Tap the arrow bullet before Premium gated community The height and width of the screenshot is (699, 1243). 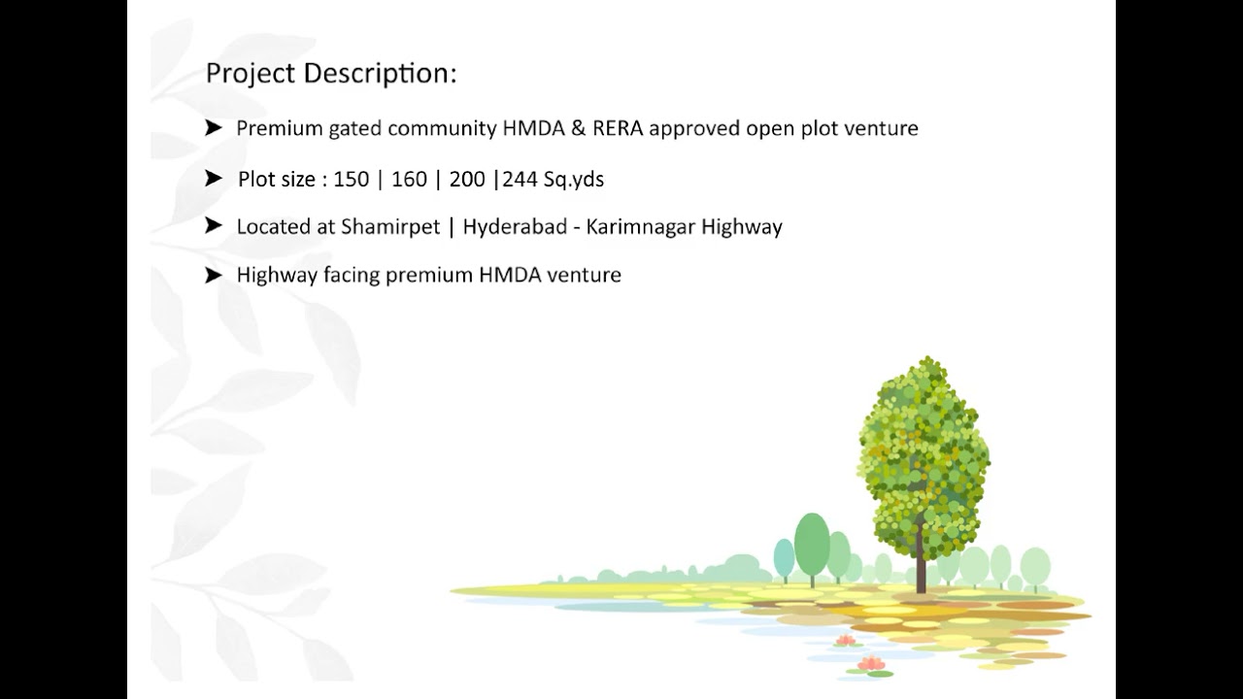coord(214,127)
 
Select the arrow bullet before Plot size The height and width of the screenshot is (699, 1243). coord(214,179)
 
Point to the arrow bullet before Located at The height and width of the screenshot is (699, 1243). coord(214,226)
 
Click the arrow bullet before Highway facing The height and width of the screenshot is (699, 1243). coord(214,275)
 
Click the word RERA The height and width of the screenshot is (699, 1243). coord(616,128)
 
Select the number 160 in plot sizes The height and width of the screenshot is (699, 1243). coord(409,180)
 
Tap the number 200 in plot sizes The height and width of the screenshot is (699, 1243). coord(467,180)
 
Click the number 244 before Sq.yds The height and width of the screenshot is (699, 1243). coord(521,180)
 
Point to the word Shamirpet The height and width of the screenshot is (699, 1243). coord(390,227)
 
